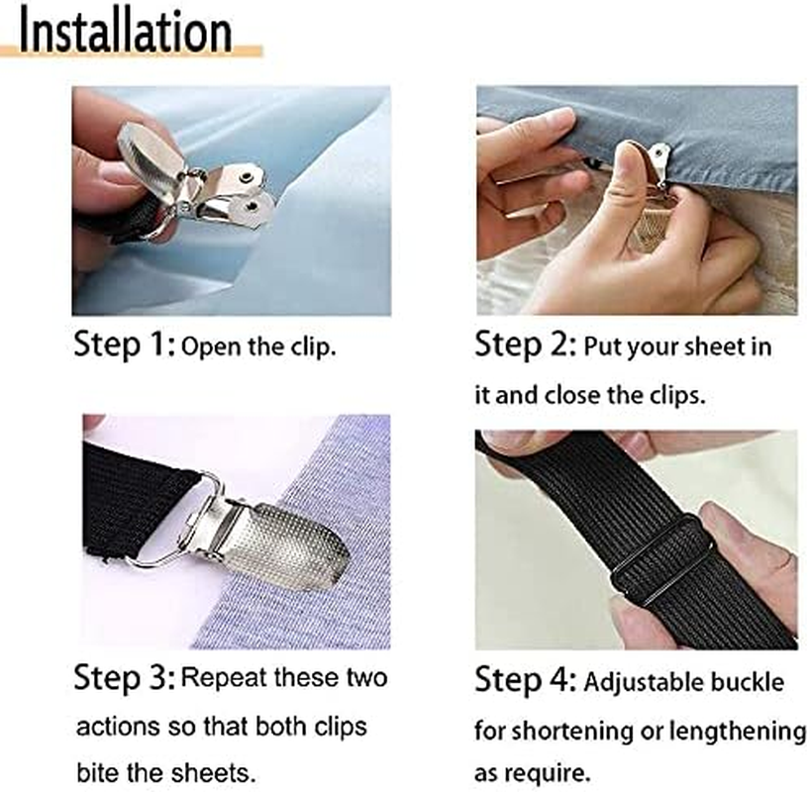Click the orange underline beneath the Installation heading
point(139,51)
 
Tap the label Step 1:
point(125,346)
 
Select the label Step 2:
point(525,346)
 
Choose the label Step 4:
point(525,681)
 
